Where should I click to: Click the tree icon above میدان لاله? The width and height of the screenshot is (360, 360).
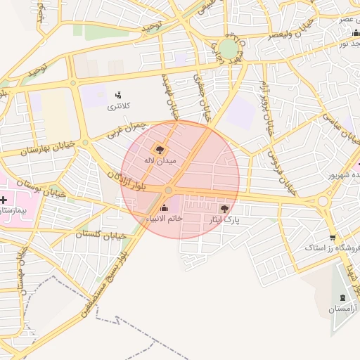point(160,149)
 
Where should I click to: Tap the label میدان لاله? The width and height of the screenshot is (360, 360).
point(160,161)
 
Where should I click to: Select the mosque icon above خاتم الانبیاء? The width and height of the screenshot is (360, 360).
point(165,207)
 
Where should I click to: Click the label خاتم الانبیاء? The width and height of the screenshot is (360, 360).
point(165,219)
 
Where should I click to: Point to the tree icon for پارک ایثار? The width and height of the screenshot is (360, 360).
point(224,208)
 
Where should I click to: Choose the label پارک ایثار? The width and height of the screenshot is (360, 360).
point(223,220)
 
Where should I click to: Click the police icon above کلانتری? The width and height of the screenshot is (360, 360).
point(118,95)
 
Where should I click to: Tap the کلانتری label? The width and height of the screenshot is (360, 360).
point(118,107)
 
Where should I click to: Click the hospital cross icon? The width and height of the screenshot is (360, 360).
point(4,200)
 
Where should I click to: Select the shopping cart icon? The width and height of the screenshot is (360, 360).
point(332,237)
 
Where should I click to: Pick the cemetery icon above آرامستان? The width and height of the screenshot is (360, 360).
point(342,298)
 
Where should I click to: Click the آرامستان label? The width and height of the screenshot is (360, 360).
point(342,309)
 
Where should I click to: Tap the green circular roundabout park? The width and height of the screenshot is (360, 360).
point(228,49)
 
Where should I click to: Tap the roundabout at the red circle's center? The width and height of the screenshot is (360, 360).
point(169,191)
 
